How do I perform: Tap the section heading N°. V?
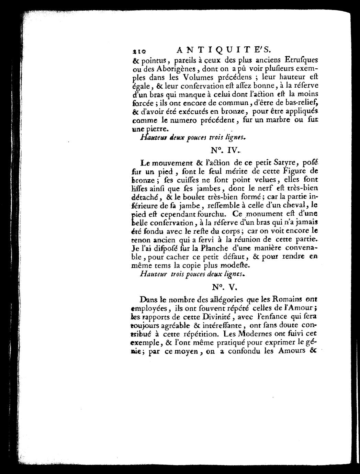[223, 286]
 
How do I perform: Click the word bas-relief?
[301, 102]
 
